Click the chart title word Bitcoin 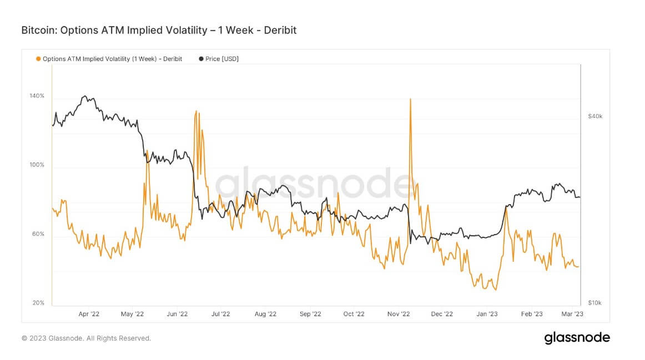(38, 30)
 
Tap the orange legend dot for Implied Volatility (38, 59)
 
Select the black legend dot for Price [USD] (201, 59)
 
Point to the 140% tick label (37, 96)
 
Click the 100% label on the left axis (37, 165)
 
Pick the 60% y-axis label (38, 234)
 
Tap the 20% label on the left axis (38, 303)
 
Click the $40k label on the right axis (595, 116)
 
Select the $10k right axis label (595, 303)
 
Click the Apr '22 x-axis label (89, 314)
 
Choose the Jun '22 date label (177, 314)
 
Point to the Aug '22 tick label (265, 314)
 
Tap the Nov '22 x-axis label (399, 314)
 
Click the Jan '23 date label (487, 314)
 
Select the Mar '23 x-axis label (572, 314)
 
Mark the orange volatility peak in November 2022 (410, 99)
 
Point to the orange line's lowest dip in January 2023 (495, 290)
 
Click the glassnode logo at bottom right (577, 338)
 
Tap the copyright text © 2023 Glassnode (86, 338)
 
